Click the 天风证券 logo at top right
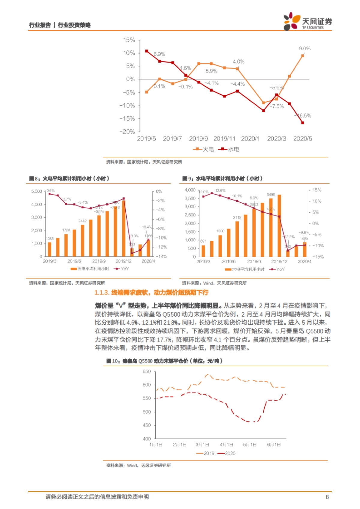[308, 21]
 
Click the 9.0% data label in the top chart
[304, 49]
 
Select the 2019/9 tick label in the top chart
[198, 138]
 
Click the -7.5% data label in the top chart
[277, 106]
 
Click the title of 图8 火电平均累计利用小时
[69, 179]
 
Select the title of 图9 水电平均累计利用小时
[223, 179]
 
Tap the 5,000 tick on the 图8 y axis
[37, 191]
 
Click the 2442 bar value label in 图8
[82, 221]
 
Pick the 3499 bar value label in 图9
[271, 195]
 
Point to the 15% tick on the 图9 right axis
[317, 190]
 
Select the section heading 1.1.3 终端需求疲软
[151, 293]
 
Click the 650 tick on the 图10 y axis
[147, 372]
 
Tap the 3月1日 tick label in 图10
[202, 445]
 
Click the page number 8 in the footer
[327, 497]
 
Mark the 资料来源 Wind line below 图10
[138, 466]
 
